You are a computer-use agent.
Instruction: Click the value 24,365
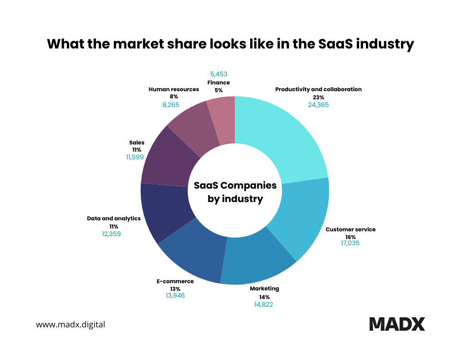(318, 104)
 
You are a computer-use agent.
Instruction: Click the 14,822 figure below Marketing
(264, 304)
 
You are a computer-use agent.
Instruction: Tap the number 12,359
(111, 234)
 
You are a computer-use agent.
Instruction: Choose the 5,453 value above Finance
(218, 74)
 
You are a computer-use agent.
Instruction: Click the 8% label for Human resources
(173, 96)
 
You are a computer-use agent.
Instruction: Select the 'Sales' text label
(136, 143)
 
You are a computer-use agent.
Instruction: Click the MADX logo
(397, 324)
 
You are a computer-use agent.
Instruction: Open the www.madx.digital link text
(71, 324)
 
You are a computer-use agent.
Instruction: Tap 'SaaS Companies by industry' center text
(235, 192)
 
